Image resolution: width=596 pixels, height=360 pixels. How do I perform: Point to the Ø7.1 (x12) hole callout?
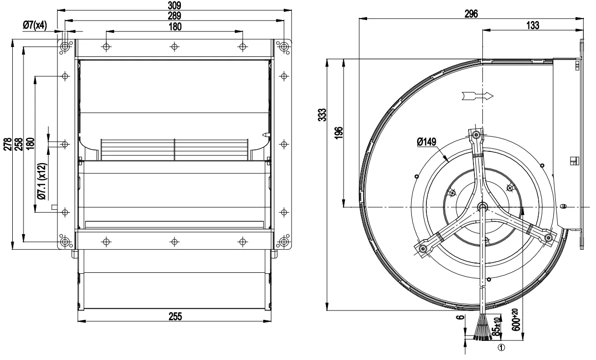click(43, 181)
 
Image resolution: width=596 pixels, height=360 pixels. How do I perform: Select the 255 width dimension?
click(174, 316)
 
